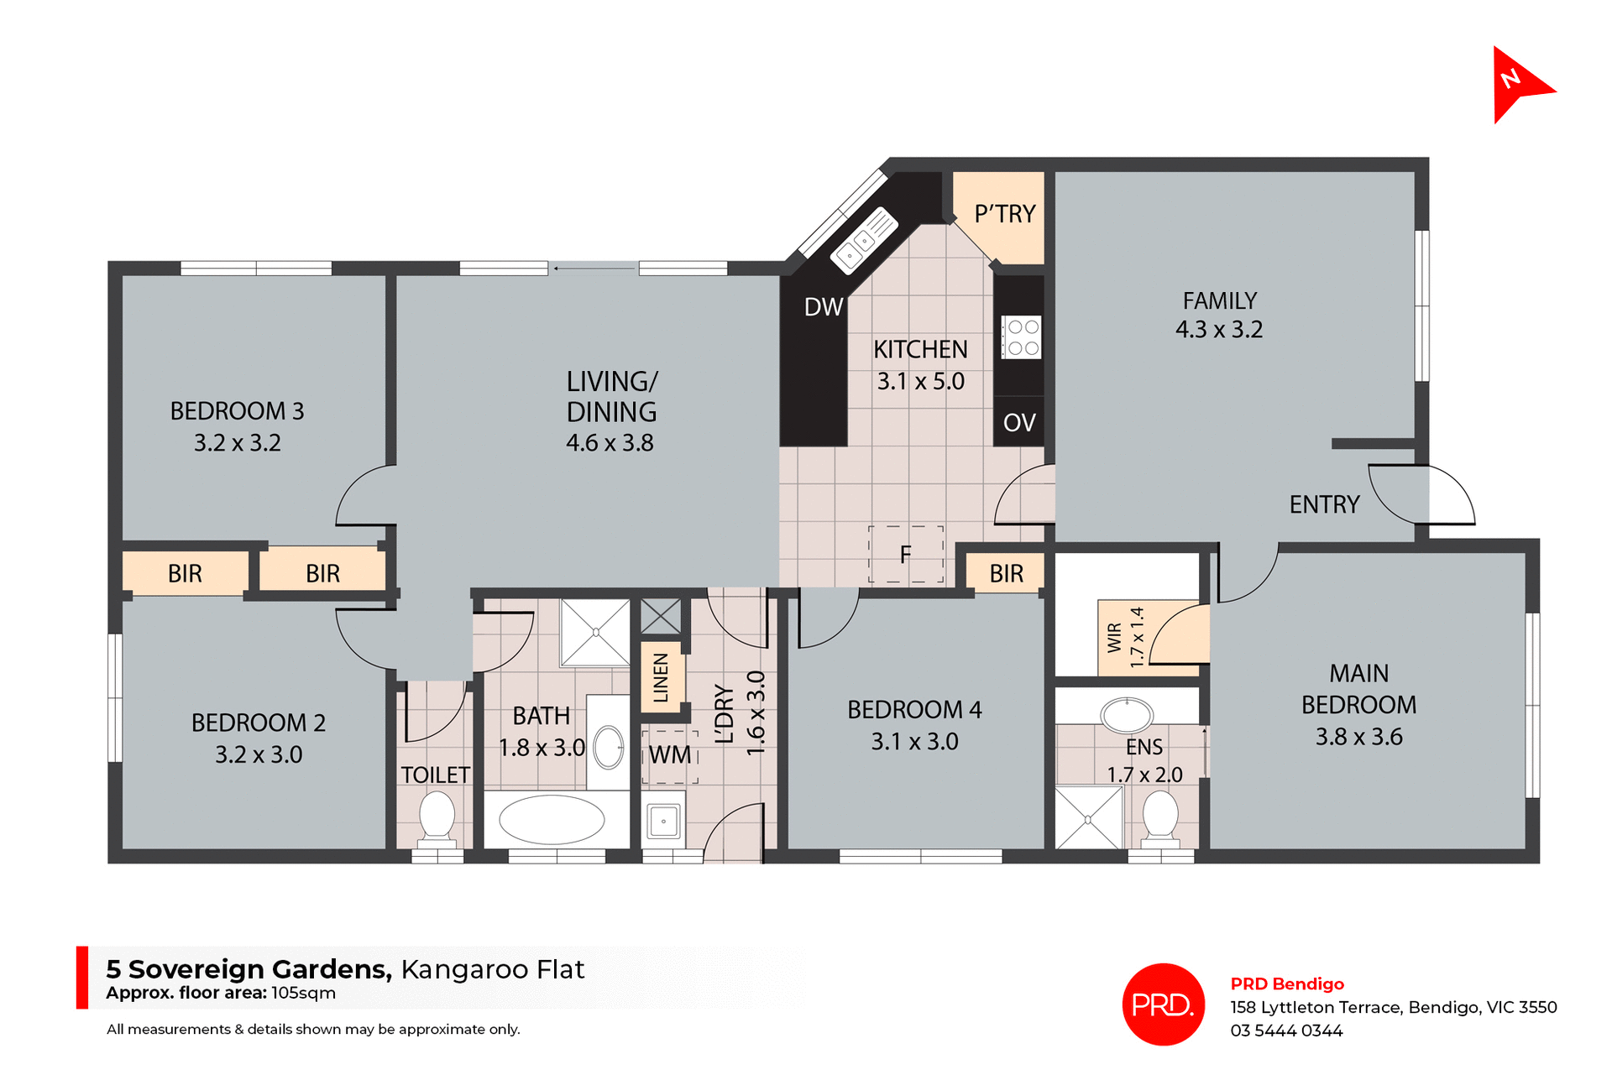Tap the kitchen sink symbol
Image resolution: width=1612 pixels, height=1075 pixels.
(864, 241)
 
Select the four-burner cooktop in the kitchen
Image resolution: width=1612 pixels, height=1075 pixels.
(1021, 337)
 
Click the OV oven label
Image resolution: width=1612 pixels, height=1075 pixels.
(1019, 423)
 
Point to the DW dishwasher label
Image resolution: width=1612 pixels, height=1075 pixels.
(823, 307)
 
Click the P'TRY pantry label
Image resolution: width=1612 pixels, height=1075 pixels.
(1004, 215)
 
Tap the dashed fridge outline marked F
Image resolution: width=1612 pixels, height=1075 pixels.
(905, 555)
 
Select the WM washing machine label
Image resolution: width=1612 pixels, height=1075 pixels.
(670, 755)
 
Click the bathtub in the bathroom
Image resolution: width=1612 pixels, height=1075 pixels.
(552, 820)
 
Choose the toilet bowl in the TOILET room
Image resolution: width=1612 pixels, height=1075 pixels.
(437, 815)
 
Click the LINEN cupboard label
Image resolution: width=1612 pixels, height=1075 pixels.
(662, 678)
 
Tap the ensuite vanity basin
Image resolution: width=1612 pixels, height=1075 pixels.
(1127, 716)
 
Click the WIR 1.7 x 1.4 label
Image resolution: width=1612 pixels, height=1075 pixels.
(1125, 638)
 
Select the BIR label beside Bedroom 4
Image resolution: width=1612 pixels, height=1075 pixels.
(1006, 574)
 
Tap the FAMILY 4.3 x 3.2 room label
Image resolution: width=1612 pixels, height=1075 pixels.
(1219, 316)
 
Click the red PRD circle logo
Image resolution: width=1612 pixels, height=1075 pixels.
(1163, 1005)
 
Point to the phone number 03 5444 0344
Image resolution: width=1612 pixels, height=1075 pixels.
(1286, 1031)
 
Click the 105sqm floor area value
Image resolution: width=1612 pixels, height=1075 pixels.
(303, 994)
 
